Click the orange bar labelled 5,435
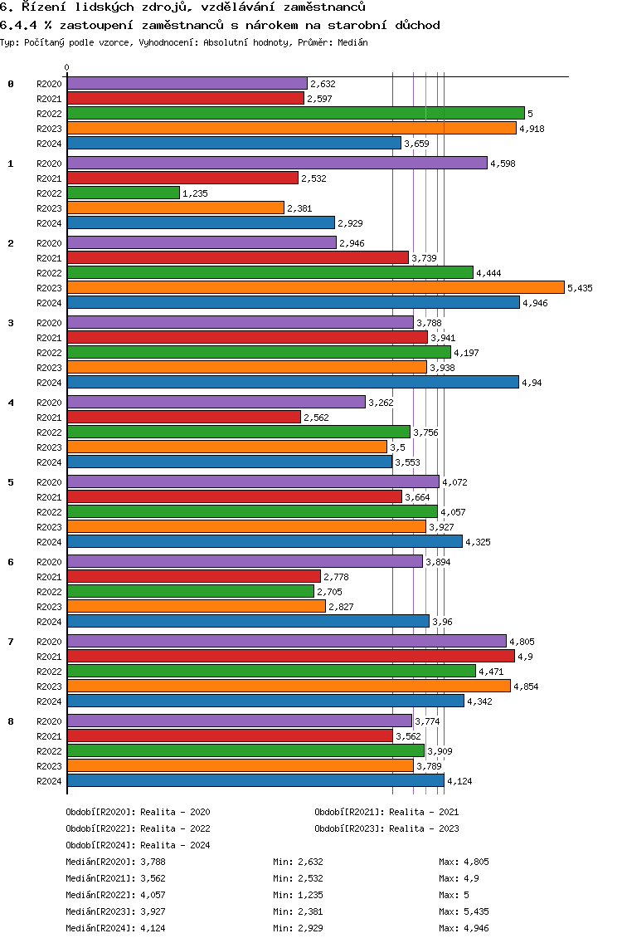[315, 287]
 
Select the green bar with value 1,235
[123, 193]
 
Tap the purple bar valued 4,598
[276, 163]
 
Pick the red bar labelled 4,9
[290, 656]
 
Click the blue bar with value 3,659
[234, 143]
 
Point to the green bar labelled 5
[295, 113]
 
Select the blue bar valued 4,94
[293, 382]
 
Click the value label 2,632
[323, 84]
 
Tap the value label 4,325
[478, 542]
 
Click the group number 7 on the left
[10, 642]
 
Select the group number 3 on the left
[10, 323]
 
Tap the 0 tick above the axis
[67, 67]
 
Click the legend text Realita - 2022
[175, 828]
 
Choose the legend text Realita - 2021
[424, 812]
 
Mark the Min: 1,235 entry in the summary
[298, 895]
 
